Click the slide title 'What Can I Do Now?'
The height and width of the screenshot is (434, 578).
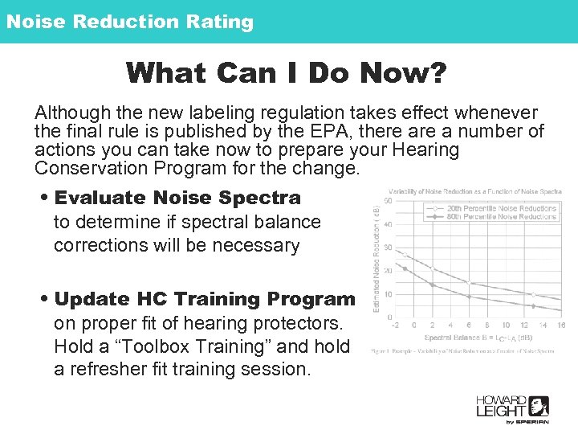(x=286, y=74)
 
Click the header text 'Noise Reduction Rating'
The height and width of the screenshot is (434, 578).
(x=129, y=22)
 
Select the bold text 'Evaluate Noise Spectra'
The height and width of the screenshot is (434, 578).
(x=177, y=198)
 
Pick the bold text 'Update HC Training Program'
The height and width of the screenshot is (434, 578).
(x=205, y=299)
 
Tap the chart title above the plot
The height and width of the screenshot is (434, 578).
(x=474, y=190)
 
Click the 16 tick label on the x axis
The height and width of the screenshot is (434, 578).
(x=560, y=325)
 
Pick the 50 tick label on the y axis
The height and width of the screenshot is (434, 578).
(x=389, y=201)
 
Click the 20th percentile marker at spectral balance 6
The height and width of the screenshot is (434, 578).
(x=470, y=282)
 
